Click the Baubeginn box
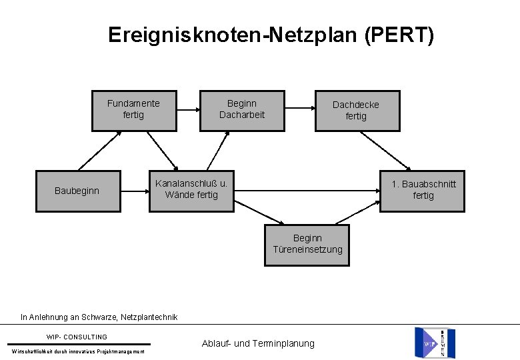77,191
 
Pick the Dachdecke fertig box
356,110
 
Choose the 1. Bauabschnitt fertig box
423,190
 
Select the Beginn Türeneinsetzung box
307,244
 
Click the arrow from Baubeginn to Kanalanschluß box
134,191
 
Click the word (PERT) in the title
399,35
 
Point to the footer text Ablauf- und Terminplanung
257,343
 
